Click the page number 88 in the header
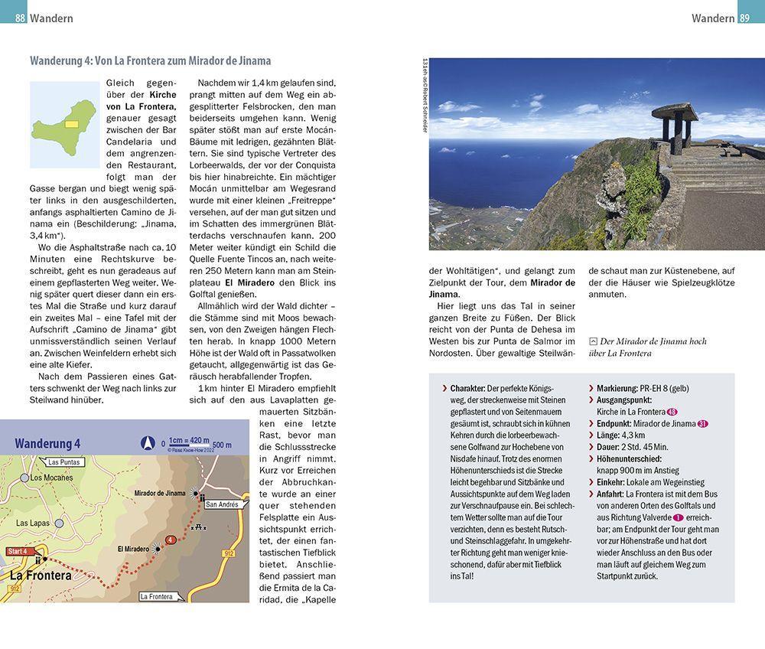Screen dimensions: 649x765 19,18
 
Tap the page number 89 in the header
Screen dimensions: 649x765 747,18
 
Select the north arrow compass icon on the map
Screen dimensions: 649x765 148,442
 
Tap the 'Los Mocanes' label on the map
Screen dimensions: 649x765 51,478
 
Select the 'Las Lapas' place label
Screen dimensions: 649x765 31,523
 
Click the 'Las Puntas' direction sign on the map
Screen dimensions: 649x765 63,462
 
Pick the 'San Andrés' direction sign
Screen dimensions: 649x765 222,504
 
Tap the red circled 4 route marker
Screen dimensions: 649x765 171,540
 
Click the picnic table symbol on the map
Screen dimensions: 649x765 202,527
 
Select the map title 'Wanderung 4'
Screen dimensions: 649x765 47,444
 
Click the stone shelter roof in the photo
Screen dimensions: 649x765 674,110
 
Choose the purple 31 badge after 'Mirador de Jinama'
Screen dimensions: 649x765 702,423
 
